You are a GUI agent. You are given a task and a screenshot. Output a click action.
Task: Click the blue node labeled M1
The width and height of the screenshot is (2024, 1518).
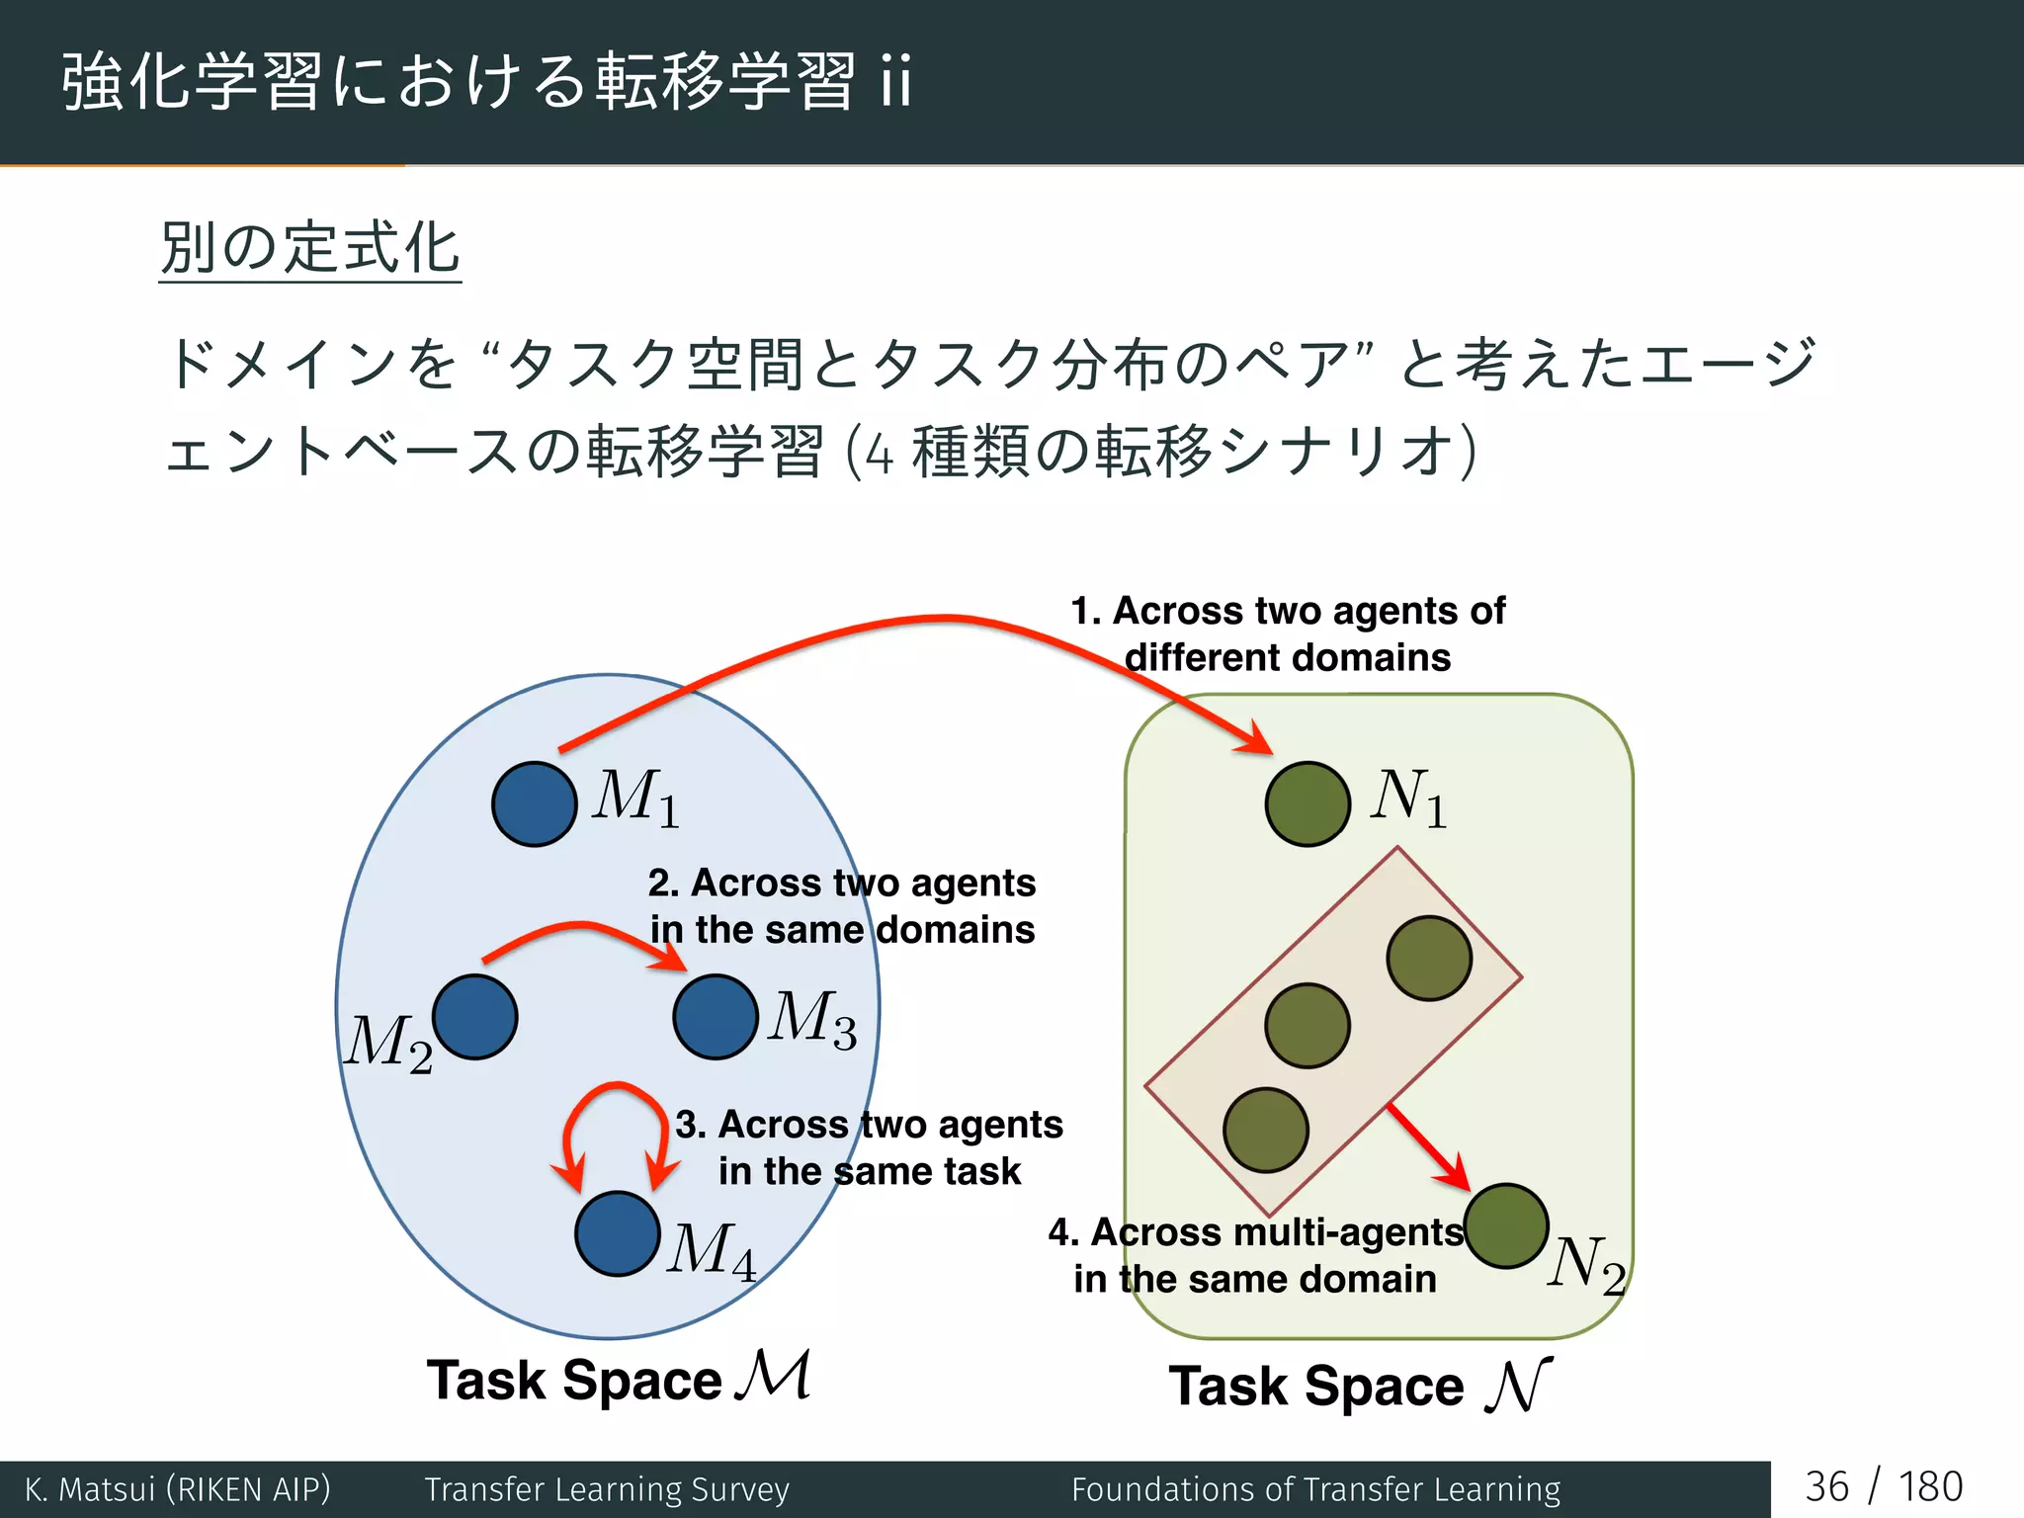[534, 803]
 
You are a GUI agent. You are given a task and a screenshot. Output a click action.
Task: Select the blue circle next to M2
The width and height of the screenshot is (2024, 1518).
[475, 1017]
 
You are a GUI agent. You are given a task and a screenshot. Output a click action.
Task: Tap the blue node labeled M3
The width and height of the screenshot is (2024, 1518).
[716, 1017]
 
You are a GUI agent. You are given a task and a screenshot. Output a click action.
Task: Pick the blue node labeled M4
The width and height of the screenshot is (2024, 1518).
[618, 1234]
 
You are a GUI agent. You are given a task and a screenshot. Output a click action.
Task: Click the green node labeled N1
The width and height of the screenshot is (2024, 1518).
[1307, 803]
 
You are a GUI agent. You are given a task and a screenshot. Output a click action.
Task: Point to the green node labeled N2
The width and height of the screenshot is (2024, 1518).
[1506, 1225]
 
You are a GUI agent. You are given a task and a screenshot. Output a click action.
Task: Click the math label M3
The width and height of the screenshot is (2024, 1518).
[812, 1019]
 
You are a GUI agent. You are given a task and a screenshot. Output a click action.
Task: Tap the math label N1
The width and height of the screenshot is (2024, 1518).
[1408, 798]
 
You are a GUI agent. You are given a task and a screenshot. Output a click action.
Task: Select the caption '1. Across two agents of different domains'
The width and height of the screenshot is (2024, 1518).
[1288, 634]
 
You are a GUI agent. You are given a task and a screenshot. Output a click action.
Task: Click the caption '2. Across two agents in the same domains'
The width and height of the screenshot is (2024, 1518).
[842, 906]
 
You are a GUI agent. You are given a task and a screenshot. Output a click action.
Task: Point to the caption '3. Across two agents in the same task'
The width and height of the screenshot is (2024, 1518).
[869, 1147]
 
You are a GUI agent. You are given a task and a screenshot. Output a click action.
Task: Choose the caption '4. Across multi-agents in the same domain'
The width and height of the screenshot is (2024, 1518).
[1255, 1255]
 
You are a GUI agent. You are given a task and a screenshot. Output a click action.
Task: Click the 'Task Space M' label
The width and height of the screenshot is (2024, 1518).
[618, 1378]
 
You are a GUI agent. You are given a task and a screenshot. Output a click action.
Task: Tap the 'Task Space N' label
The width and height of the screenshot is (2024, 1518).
[1360, 1385]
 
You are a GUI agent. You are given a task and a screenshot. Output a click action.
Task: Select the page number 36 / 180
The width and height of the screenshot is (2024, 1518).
[1884, 1487]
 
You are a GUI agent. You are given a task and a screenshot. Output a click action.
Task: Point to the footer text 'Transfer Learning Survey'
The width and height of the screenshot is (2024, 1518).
[607, 1489]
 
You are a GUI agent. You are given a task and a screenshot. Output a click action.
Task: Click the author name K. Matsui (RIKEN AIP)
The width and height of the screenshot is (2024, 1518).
[178, 1489]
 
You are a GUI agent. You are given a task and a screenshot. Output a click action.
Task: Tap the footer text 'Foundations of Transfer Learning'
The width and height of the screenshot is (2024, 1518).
[1315, 1489]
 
